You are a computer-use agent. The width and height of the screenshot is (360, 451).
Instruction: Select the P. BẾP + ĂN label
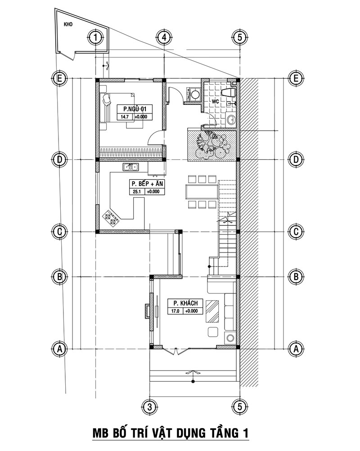[147, 184]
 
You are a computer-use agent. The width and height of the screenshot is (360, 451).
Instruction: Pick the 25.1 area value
[137, 192]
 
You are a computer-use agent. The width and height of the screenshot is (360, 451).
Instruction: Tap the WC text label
[215, 102]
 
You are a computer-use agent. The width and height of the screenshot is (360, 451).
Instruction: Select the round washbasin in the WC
[231, 119]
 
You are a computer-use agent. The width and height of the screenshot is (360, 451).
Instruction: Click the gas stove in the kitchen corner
[111, 217]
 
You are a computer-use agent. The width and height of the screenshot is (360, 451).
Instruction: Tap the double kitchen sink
[131, 167]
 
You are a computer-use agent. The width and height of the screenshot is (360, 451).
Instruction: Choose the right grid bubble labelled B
[296, 276]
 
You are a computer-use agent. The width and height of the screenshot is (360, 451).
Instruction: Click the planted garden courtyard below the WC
[211, 145]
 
